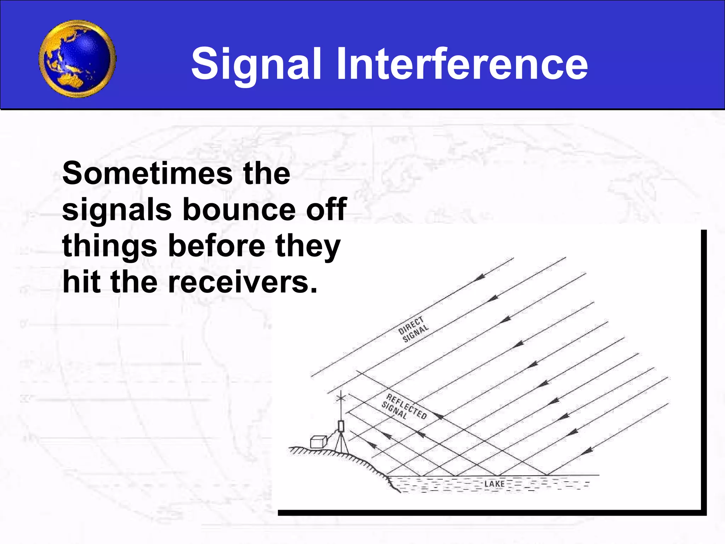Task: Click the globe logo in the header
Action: (77, 59)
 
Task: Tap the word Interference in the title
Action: (462, 64)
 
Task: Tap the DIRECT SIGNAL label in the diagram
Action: (413, 329)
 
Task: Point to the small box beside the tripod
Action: (318, 442)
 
